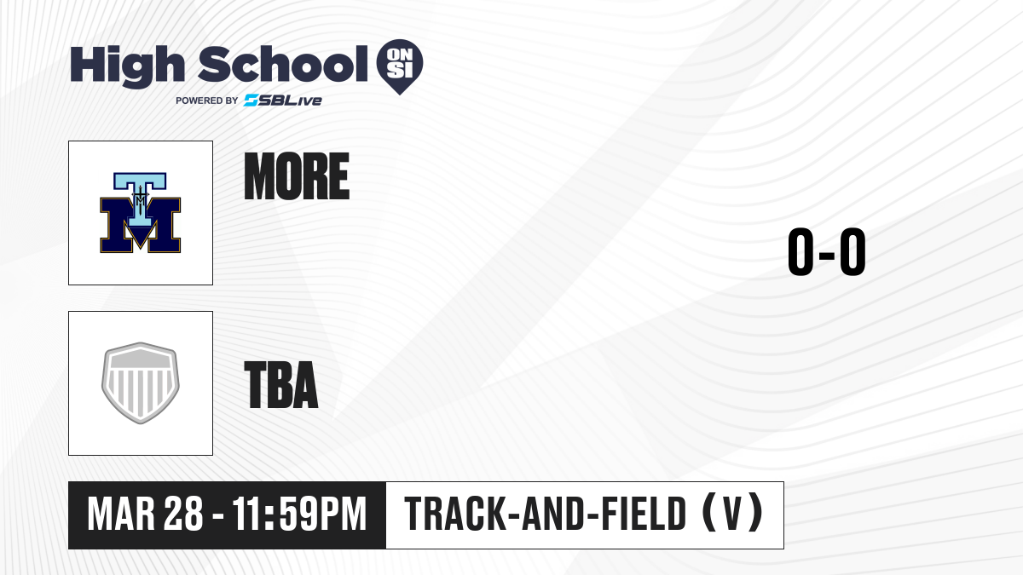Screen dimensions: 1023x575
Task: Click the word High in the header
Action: coord(127,66)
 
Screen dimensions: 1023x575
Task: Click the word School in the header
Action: coord(283,64)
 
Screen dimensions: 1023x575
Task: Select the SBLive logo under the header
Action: coord(283,101)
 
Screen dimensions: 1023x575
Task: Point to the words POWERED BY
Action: coord(207,101)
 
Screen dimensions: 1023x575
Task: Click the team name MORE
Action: coord(297,176)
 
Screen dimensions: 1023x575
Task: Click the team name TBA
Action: coord(281,385)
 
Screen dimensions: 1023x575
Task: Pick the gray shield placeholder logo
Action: coord(141,383)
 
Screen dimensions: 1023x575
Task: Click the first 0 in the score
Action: coord(801,251)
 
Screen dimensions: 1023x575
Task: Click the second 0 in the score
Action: coord(853,251)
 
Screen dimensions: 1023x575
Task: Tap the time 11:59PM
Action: coord(299,515)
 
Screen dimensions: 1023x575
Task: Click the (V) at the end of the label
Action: coord(732,513)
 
